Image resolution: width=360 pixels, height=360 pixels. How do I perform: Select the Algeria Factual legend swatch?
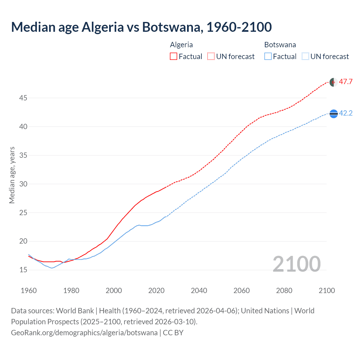tap(174, 57)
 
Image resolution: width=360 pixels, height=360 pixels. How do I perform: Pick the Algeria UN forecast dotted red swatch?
tap(211, 57)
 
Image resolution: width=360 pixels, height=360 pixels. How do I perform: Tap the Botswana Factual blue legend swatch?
tap(268, 57)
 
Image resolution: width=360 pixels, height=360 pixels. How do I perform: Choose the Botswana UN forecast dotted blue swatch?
tap(305, 57)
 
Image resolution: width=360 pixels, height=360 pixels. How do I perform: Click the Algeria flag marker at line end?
tap(333, 82)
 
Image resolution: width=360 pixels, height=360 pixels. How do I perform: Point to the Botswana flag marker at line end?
tap(333, 114)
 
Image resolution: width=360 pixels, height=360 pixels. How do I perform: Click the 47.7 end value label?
tap(346, 82)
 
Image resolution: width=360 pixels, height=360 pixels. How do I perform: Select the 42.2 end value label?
tap(346, 113)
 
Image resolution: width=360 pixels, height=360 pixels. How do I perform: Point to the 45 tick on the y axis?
tap(23, 98)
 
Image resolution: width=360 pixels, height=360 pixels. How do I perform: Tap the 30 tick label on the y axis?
tap(23, 184)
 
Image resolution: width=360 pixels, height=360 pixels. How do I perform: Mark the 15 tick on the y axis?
tap(23, 270)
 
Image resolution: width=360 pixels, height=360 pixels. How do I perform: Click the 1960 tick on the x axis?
tap(29, 291)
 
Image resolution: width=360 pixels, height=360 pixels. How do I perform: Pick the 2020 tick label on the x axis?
tap(156, 291)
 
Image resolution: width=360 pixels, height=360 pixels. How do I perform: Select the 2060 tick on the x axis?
tap(242, 291)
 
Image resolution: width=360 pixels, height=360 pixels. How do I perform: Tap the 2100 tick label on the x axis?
tap(327, 291)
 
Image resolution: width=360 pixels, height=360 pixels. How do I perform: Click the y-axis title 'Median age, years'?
tap(12, 175)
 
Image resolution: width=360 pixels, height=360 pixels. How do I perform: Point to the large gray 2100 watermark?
tap(297, 264)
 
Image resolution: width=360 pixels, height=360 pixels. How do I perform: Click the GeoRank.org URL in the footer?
tap(84, 333)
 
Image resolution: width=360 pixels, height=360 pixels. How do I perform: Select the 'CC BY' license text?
tap(173, 333)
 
